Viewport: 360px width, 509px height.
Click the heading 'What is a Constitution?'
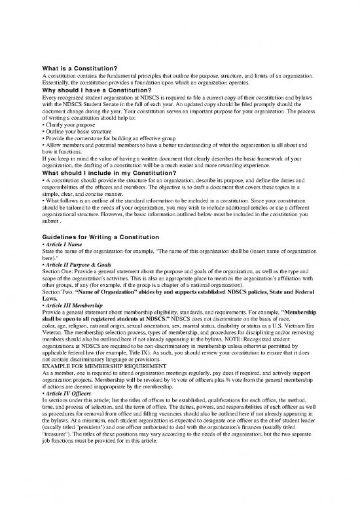coord(79,68)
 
